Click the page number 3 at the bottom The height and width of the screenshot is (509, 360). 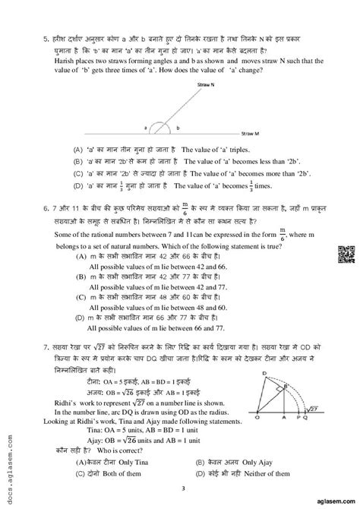click(x=179, y=489)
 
